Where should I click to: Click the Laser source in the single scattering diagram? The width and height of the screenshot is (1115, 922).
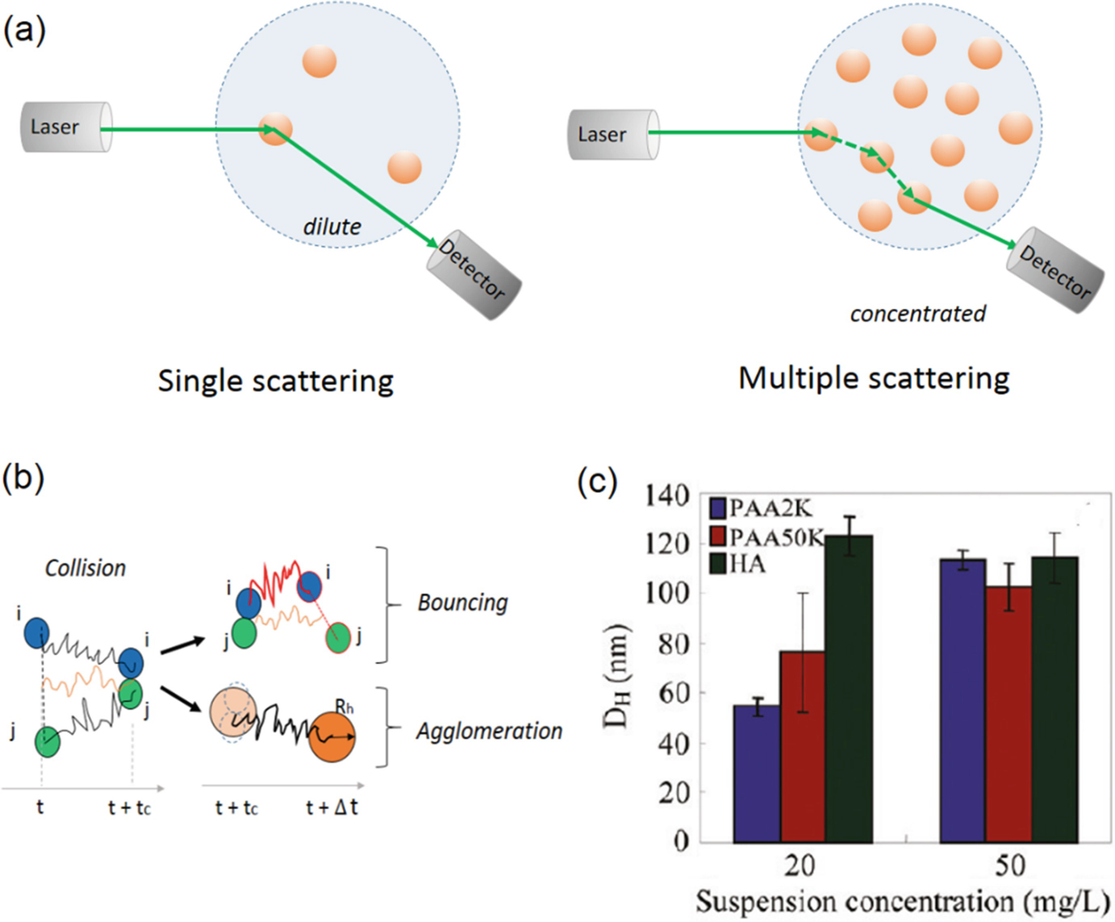pyautogui.click(x=65, y=127)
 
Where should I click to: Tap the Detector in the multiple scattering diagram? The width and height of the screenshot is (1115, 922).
pyautogui.click(x=1055, y=270)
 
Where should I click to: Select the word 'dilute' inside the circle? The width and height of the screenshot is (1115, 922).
pyautogui.click(x=332, y=227)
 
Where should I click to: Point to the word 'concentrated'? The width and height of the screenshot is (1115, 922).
pyautogui.click(x=917, y=314)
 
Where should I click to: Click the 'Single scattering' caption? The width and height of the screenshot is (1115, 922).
pyautogui.click(x=275, y=381)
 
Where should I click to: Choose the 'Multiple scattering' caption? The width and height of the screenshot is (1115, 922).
pyautogui.click(x=874, y=378)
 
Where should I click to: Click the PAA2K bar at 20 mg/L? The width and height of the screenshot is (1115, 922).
pyautogui.click(x=757, y=774)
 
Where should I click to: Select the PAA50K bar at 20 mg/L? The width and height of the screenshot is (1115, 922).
pyautogui.click(x=803, y=746)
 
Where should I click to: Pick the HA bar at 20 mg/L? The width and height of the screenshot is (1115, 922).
pyautogui.click(x=849, y=690)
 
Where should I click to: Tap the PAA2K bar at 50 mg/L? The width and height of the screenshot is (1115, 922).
pyautogui.click(x=963, y=702)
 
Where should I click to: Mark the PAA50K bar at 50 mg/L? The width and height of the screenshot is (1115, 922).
pyautogui.click(x=1009, y=715)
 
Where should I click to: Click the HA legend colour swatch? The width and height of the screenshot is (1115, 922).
pyautogui.click(x=718, y=563)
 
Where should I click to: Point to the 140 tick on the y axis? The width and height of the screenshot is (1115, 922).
pyautogui.click(x=667, y=494)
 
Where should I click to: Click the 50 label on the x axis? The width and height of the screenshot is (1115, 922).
pyautogui.click(x=1009, y=866)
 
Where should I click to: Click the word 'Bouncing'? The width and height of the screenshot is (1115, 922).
pyautogui.click(x=462, y=603)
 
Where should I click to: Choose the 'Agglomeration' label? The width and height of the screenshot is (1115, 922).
pyautogui.click(x=489, y=731)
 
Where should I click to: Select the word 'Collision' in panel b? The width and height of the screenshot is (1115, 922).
pyautogui.click(x=86, y=568)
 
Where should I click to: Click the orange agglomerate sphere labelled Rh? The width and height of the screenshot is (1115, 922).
pyautogui.click(x=332, y=736)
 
